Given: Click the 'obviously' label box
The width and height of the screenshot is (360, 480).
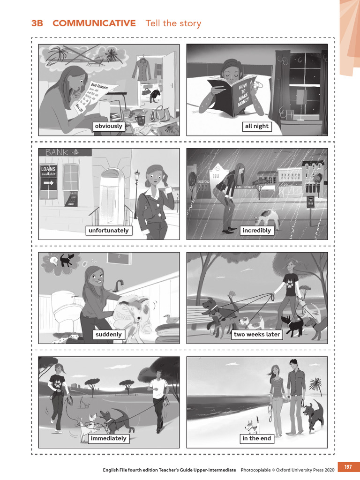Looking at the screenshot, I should pos(108,126).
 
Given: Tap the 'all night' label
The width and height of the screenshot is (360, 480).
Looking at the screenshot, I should pos(257,126).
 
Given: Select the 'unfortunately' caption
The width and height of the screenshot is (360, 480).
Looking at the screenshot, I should pos(108,230).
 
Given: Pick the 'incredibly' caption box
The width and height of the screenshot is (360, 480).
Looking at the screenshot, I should pos(257,230).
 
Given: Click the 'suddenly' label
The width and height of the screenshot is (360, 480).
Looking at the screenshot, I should pos(108,334).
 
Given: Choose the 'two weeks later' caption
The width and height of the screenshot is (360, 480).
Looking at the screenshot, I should pos(257,334).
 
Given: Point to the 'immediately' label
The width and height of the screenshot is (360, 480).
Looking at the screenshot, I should pos(108,438).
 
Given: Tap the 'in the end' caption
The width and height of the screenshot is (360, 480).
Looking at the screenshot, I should pos(257,438).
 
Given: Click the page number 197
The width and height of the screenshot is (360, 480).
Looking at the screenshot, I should pos(348,467).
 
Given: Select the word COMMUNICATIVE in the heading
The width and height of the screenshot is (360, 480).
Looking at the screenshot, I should pos(94,23).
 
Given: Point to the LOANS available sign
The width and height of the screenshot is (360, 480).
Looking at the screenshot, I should pos(48,178).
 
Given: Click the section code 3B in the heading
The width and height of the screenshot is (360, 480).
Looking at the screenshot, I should pos(37,23).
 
